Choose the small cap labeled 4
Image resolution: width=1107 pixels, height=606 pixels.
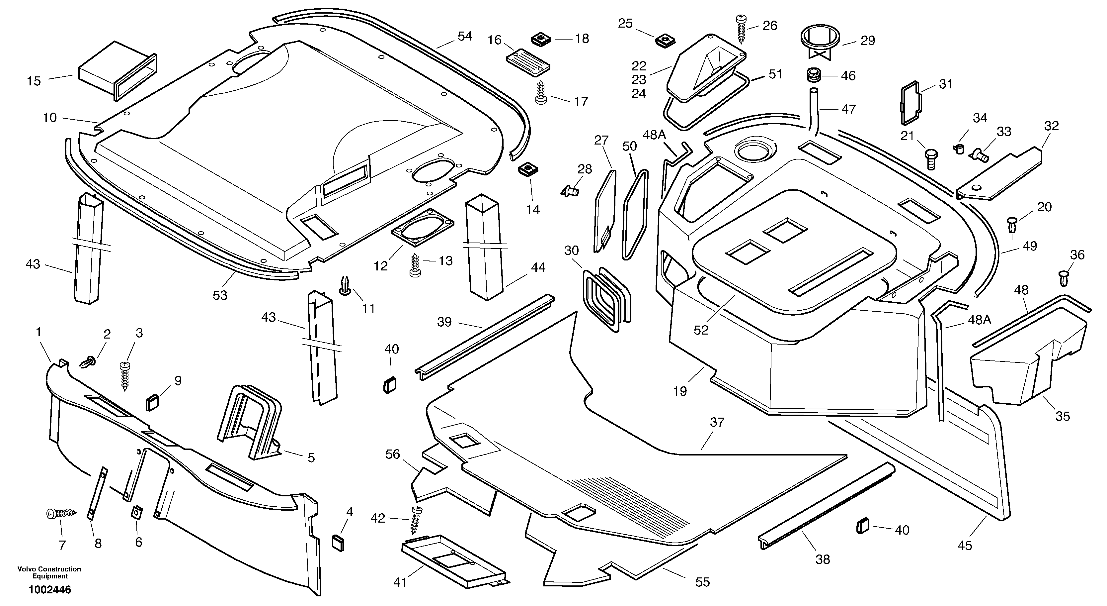click(x=338, y=543)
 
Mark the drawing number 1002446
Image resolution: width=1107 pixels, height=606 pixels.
click(x=50, y=590)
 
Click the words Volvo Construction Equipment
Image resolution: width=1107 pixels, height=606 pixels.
click(x=49, y=572)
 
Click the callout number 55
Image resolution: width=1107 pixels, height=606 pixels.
click(x=703, y=582)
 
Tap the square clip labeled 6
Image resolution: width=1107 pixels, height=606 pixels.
click(x=137, y=513)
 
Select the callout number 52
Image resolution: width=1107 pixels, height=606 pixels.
click(x=701, y=330)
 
